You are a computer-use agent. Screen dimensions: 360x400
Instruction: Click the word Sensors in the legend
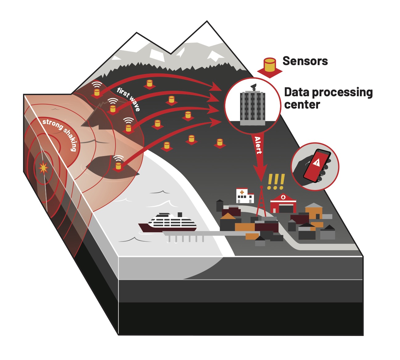[x=305, y=61]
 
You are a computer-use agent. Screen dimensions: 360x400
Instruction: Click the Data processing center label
[x=328, y=98]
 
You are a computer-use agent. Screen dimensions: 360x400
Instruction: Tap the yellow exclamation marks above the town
[x=276, y=182]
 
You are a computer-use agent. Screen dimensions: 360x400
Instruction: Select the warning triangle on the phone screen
[x=316, y=162]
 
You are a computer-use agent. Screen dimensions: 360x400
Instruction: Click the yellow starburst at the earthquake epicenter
[x=43, y=168]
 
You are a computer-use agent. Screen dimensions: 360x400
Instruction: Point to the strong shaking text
[x=60, y=133]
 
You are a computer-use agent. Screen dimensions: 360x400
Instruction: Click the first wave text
[x=129, y=99]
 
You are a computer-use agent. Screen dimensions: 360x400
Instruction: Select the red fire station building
[x=283, y=203]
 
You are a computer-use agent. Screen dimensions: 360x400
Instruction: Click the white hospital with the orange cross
[x=245, y=196]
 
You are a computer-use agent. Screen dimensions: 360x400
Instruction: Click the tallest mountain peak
[x=207, y=22]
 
